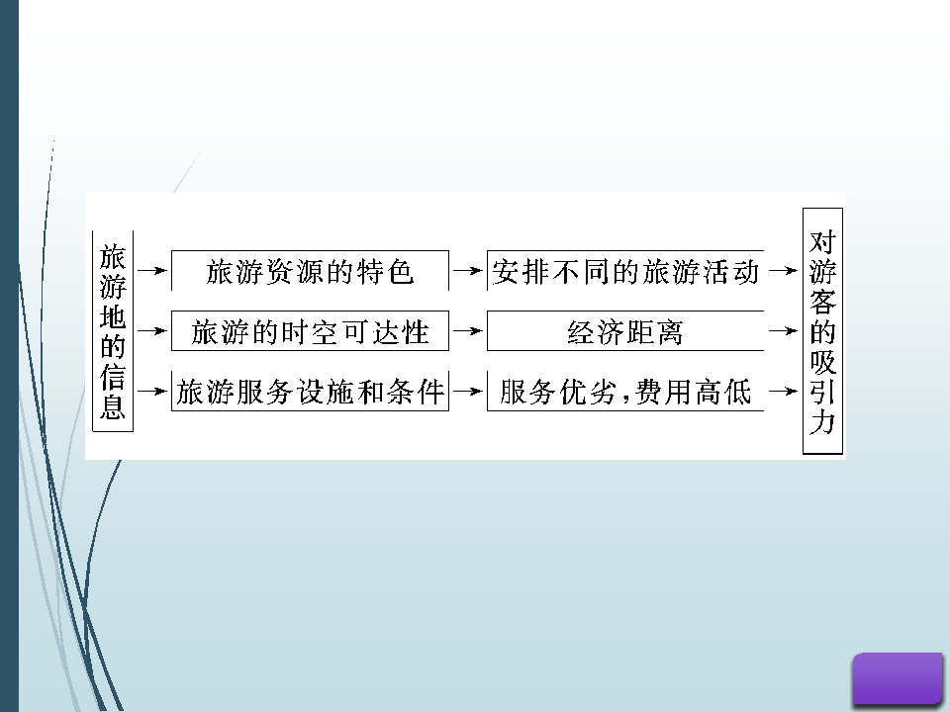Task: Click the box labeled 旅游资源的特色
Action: pyautogui.click(x=310, y=270)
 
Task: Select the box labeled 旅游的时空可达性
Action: pyautogui.click(x=310, y=330)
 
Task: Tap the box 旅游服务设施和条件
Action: pyautogui.click(x=310, y=392)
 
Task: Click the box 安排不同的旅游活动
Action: pyautogui.click(x=625, y=270)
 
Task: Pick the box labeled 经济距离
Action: pyautogui.click(x=625, y=330)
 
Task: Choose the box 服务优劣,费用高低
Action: pyautogui.click(x=625, y=392)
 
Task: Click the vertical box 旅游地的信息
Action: pyautogui.click(x=113, y=331)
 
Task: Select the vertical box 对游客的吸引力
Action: pyautogui.click(x=822, y=331)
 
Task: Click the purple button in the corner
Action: pyautogui.click(x=898, y=678)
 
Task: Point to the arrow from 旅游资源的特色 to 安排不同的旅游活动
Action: pyautogui.click(x=468, y=271)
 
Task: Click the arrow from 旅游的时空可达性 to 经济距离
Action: pyautogui.click(x=468, y=331)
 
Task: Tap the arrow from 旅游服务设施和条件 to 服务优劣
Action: pyautogui.click(x=468, y=392)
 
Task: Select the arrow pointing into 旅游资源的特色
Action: pyautogui.click(x=152, y=271)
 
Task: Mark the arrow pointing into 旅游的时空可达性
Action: pyautogui.click(x=152, y=331)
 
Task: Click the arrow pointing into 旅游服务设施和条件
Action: pyautogui.click(x=152, y=392)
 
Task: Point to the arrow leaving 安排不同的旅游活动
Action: pyautogui.click(x=783, y=271)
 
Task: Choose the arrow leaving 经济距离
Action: pyautogui.click(x=783, y=331)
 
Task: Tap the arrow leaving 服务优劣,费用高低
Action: pyautogui.click(x=783, y=392)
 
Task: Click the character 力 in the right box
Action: pyautogui.click(x=822, y=422)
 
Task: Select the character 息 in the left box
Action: pyautogui.click(x=113, y=405)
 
